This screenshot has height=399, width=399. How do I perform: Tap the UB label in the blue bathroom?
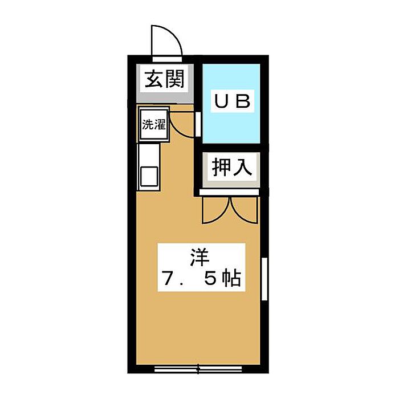tap(233, 101)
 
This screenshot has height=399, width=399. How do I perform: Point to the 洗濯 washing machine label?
tap(153, 124)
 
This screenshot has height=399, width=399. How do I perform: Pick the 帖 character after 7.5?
tap(231, 279)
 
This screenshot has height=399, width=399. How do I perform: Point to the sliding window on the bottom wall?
tap(198, 368)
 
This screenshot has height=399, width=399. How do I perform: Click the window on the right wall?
tap(264, 279)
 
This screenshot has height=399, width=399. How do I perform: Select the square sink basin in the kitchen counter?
tap(149, 176)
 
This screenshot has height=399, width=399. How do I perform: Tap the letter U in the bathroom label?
tap(221, 101)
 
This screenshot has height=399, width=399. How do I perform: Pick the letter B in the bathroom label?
tap(244, 101)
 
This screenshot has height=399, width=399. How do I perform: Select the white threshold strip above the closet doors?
tap(229, 192)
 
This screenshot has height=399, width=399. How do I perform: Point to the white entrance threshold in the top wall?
tap(167, 59)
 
